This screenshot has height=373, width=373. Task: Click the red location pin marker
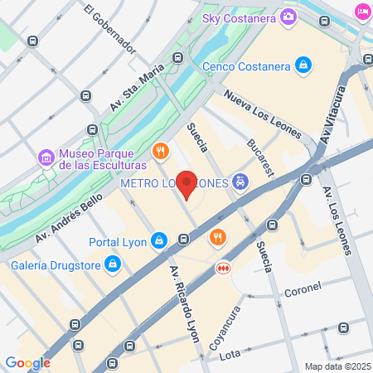[188, 184]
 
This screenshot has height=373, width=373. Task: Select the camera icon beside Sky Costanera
[288, 16]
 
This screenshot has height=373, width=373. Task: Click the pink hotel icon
[362, 11]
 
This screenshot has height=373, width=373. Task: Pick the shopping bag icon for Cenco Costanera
[304, 65]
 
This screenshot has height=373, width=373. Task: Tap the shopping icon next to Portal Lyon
[160, 241]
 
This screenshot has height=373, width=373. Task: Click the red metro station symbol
[222, 268]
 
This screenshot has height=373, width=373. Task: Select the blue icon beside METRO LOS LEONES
[240, 182]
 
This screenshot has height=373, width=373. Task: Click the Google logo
[27, 362]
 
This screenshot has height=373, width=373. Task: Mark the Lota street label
[229, 355]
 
